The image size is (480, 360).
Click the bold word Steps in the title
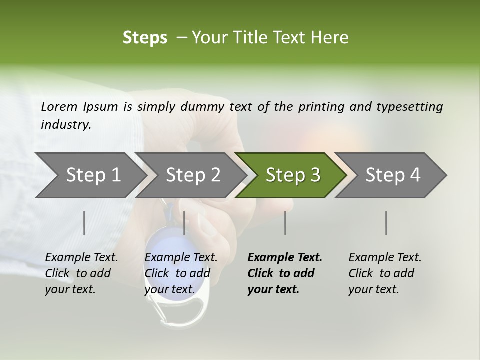[145, 37]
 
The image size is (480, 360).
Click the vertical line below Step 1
[84, 223]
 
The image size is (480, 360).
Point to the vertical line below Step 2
[184, 223]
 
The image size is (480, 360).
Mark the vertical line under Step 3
[285, 223]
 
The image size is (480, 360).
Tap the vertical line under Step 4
[386, 223]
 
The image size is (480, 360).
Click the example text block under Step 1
[81, 273]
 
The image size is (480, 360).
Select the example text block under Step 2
[181, 273]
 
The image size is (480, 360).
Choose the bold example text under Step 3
[285, 273]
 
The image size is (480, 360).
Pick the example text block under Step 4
[385, 273]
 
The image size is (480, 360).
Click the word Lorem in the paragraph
[59, 106]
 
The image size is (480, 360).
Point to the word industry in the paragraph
[65, 125]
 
